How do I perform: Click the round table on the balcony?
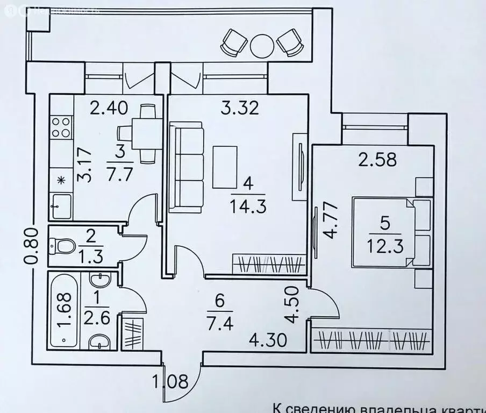coord(262,43)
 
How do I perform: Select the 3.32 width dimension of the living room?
coord(240,109)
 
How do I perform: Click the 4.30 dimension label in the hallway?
coord(267,339)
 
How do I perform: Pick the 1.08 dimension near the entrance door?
coord(171,383)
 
